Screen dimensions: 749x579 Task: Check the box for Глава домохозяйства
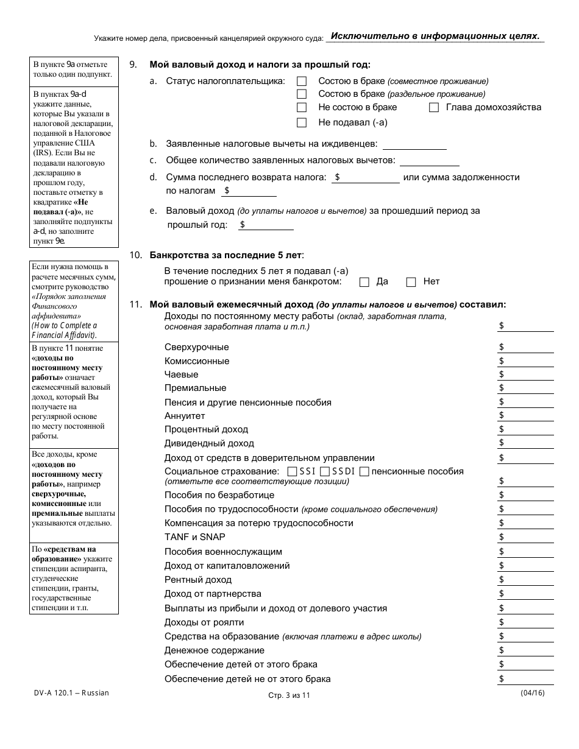[x=434, y=108]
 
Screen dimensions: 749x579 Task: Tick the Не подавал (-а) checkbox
[x=301, y=122]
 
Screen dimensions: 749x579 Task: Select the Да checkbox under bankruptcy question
[x=364, y=282]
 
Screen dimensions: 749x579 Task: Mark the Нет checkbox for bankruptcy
[x=411, y=282]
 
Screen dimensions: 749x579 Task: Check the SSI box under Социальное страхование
[x=292, y=471]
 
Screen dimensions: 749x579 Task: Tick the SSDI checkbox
[x=325, y=471]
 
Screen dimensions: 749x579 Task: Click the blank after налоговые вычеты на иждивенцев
[x=414, y=144]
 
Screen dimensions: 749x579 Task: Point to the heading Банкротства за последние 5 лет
[x=226, y=255]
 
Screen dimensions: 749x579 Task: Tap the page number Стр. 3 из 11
[x=289, y=695]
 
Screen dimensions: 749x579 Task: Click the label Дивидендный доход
[x=209, y=443]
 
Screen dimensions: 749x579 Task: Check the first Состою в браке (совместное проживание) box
[x=301, y=81]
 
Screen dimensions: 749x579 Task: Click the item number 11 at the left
[x=135, y=304]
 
